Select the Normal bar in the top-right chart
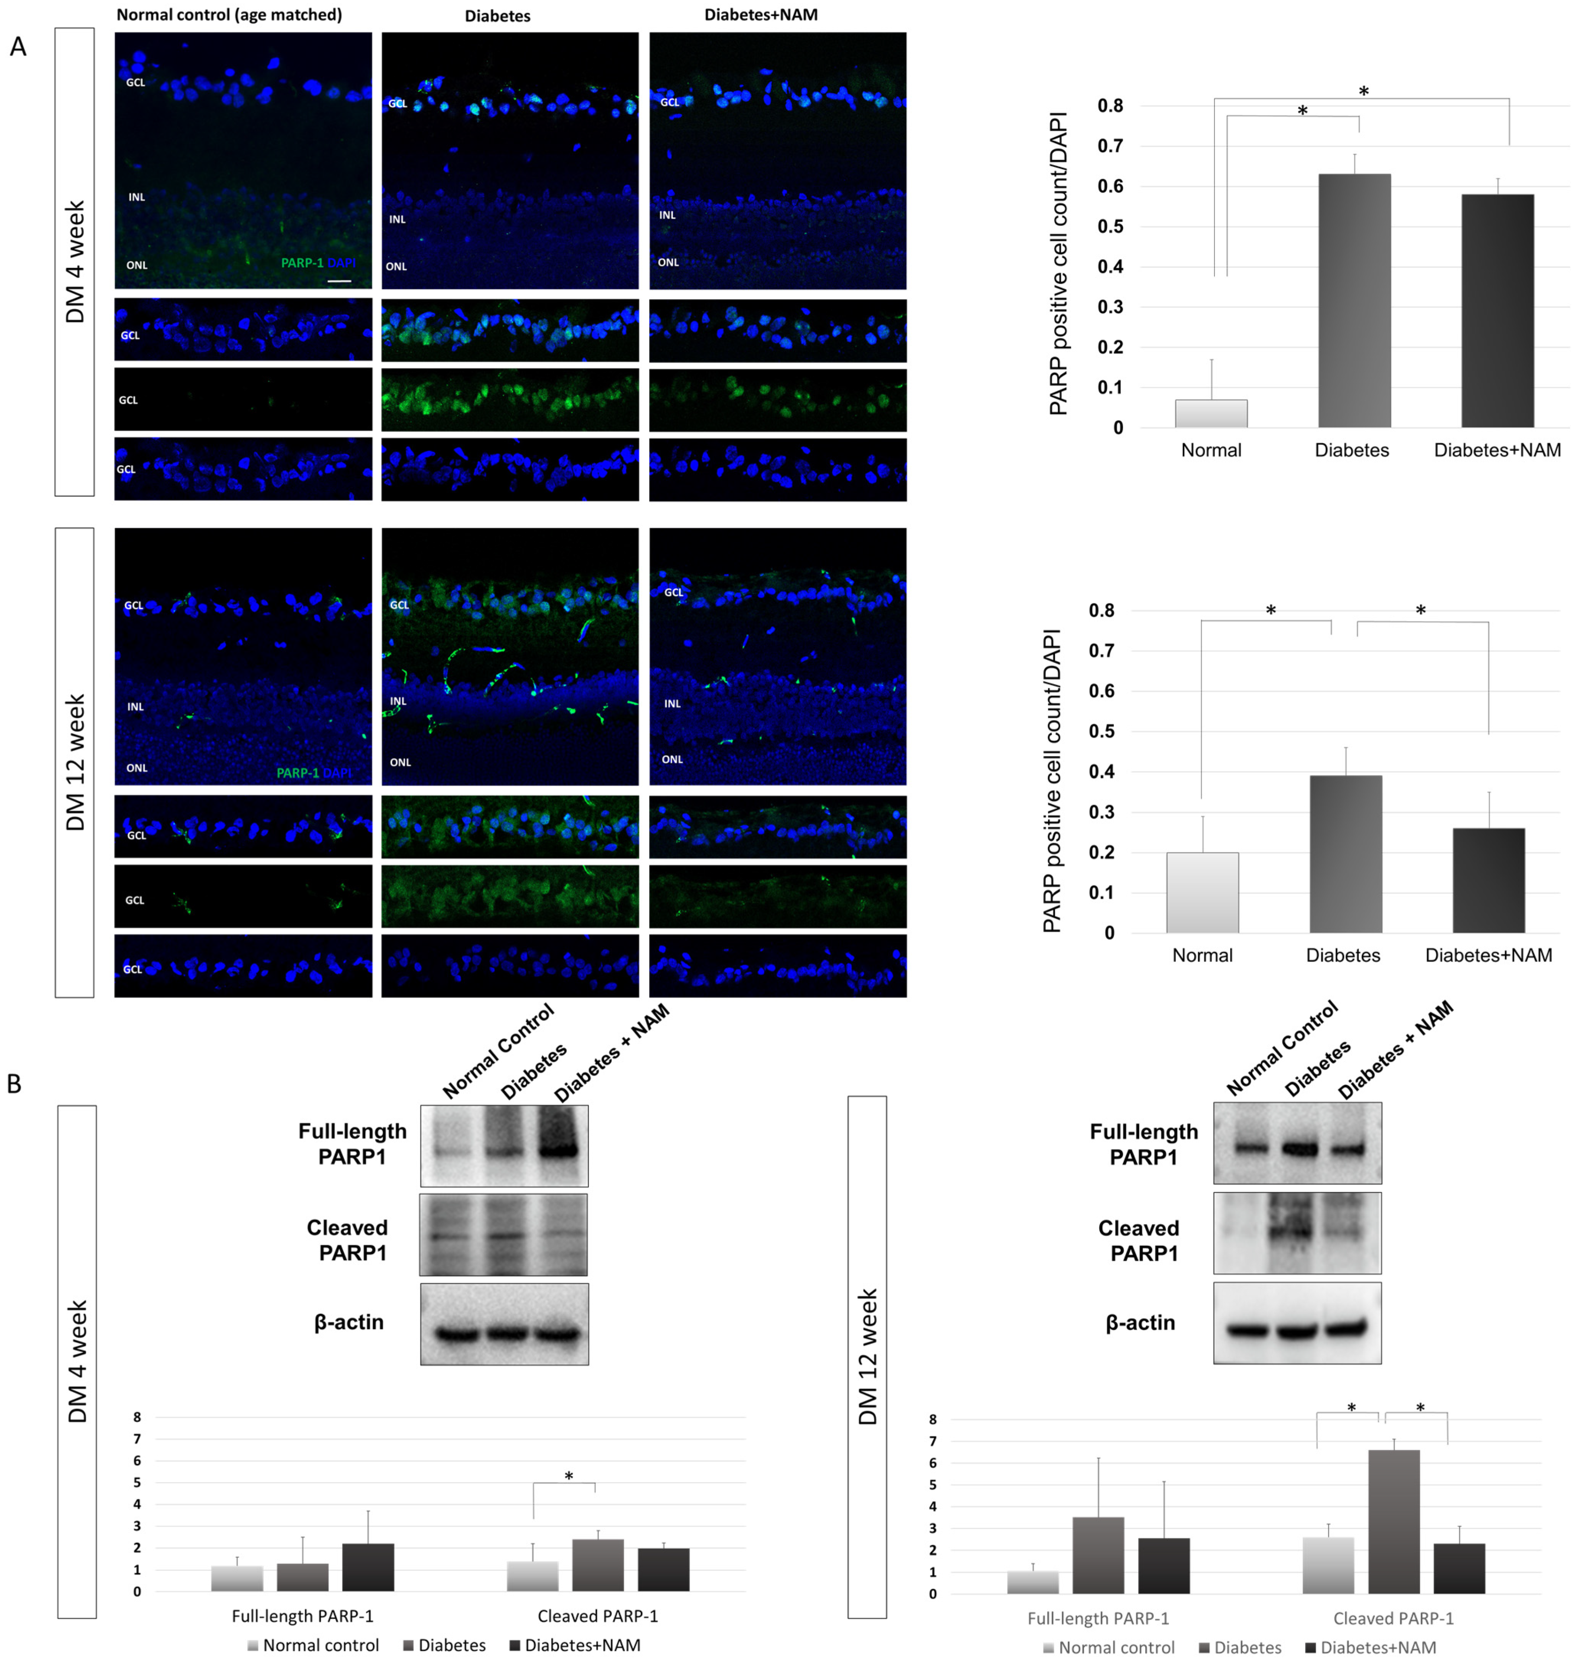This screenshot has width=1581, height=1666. [1211, 413]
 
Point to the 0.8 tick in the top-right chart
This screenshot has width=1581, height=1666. [1110, 106]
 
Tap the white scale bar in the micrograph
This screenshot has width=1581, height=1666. [339, 281]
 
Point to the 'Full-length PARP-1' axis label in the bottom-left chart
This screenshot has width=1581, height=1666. [303, 1615]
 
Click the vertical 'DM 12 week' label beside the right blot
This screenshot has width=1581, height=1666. [867, 1357]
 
